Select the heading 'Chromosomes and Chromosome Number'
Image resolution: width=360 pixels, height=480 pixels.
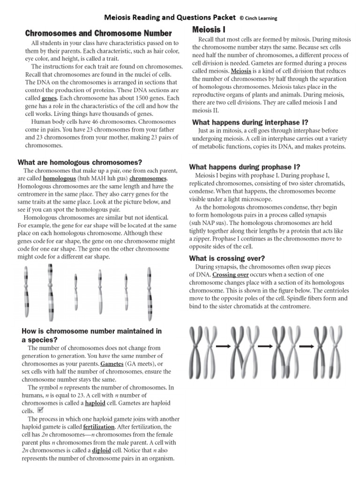click(98, 33)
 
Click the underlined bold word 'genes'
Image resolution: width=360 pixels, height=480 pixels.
click(49, 98)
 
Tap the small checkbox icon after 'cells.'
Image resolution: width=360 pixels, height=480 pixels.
click(40, 410)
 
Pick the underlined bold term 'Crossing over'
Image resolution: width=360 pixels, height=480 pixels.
click(230, 275)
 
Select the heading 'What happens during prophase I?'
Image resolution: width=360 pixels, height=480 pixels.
click(244, 167)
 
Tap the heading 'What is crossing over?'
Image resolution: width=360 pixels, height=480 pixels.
click(226, 258)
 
